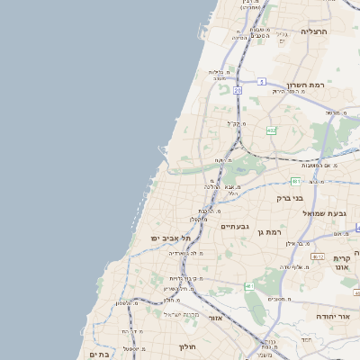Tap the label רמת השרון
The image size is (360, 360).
pos(304,81)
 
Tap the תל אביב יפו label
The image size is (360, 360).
pos(168,238)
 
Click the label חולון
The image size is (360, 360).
pos(186,346)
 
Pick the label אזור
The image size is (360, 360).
pos(215,318)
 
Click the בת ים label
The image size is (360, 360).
pos(101,355)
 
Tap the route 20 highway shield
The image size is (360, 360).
pos(238,91)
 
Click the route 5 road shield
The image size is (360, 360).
pos(261,82)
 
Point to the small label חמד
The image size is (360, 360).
pos(306,339)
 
